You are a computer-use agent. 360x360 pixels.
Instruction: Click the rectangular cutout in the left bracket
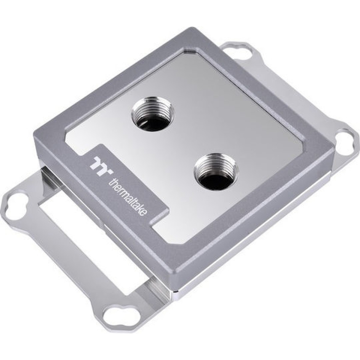coord(72,210)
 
